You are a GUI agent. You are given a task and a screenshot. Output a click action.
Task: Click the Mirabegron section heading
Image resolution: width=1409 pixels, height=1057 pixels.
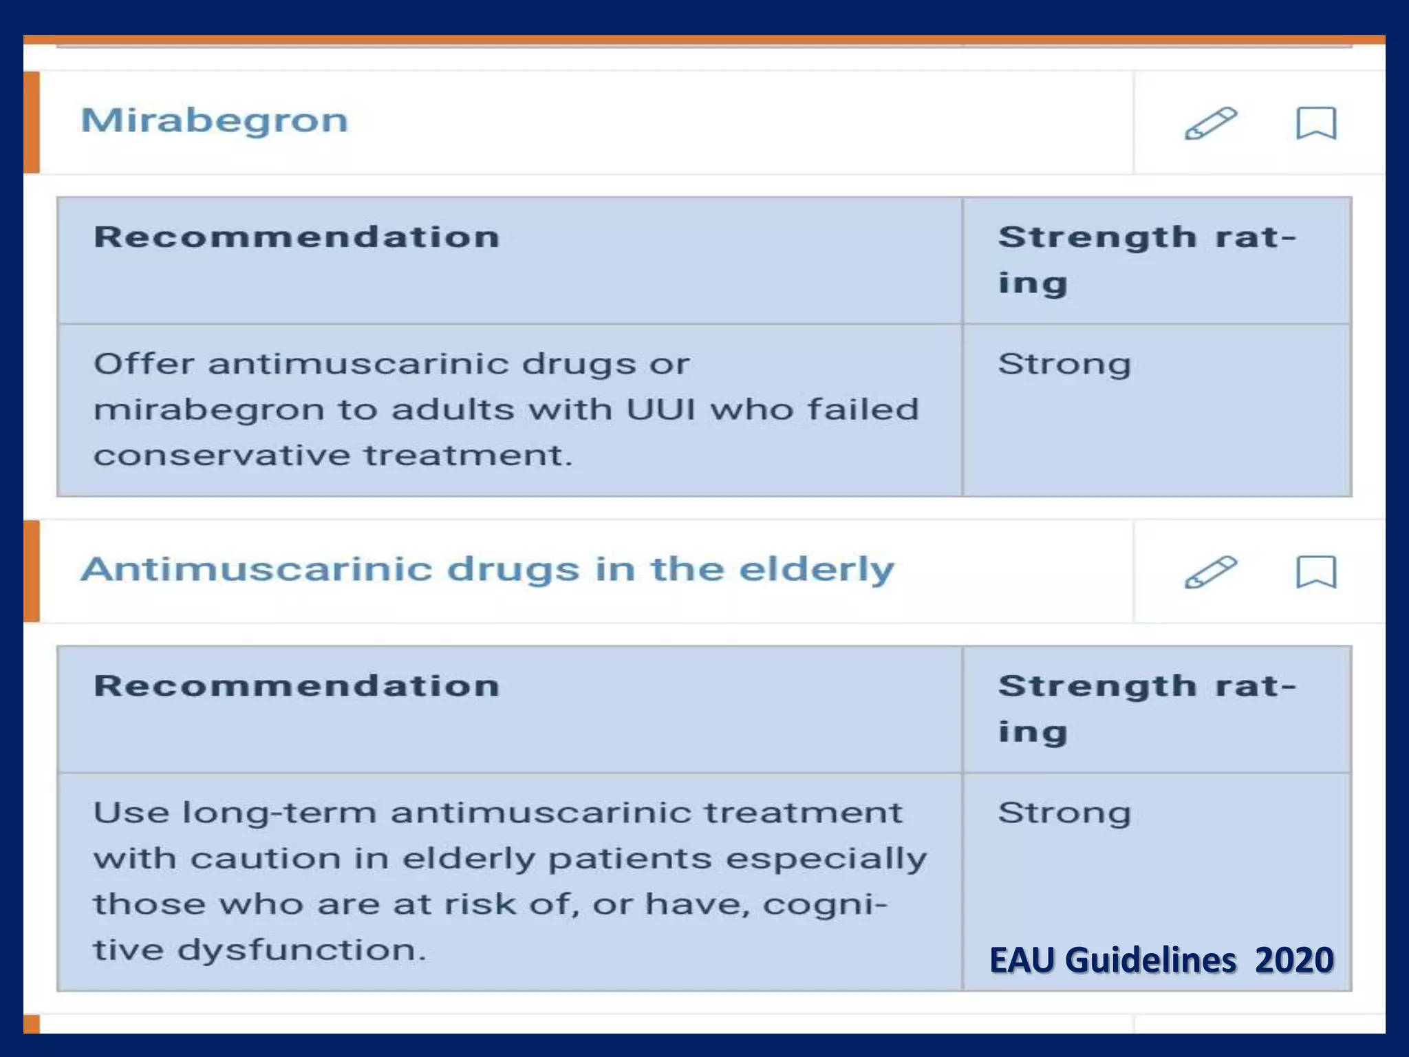point(215,121)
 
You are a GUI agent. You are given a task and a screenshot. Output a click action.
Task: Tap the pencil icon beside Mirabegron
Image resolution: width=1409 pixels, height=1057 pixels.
point(1210,123)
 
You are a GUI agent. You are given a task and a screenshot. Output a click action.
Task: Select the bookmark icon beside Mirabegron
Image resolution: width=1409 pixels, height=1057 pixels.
point(1316,123)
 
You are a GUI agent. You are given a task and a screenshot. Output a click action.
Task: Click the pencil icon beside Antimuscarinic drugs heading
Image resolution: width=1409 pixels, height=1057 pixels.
point(1210,572)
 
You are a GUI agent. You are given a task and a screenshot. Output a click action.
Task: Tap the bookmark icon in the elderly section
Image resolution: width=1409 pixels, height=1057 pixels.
point(1316,572)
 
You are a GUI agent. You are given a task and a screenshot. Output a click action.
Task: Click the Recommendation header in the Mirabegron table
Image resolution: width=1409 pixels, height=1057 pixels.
point(297,237)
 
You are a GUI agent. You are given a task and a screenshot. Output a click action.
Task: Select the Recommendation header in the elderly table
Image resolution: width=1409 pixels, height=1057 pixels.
point(297,686)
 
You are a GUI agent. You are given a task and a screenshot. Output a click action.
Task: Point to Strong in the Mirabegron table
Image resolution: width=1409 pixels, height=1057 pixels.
point(1064,365)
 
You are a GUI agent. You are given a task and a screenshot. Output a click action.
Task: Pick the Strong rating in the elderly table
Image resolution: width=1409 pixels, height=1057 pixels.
point(1064,813)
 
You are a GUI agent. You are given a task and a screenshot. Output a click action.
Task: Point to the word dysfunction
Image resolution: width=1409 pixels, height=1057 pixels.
point(302,950)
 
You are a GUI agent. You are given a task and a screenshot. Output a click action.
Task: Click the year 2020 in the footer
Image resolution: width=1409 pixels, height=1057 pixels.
point(1294,960)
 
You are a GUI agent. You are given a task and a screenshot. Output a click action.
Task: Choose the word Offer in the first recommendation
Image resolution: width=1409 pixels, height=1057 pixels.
point(144,364)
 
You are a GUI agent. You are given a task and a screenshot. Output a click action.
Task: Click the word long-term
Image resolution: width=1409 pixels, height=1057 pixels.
point(279,813)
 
